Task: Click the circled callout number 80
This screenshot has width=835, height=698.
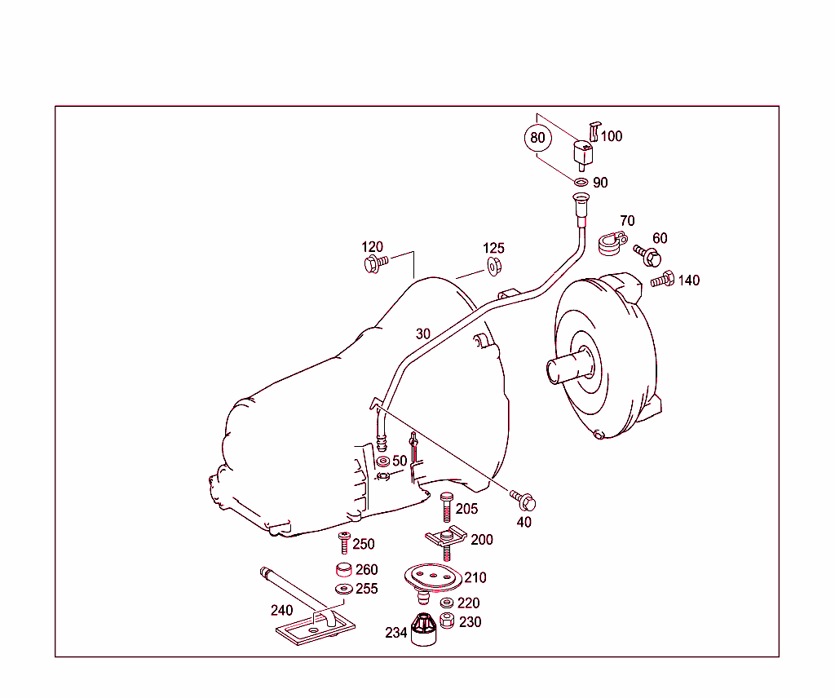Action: [x=537, y=138]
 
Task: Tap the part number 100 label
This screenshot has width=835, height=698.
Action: [x=611, y=136]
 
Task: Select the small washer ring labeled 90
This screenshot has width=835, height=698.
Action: [x=581, y=182]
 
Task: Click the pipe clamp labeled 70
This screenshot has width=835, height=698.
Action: [x=611, y=242]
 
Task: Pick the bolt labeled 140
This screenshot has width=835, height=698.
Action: [x=663, y=280]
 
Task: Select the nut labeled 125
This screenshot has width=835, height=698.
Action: [x=493, y=264]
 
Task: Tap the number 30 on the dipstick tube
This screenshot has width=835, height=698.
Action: [x=422, y=334]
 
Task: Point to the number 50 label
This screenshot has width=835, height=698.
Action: [x=400, y=462]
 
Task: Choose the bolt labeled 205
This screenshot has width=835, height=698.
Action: [x=446, y=508]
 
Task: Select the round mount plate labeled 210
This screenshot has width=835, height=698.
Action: [x=433, y=578]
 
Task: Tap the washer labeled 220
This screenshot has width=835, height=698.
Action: [x=447, y=603]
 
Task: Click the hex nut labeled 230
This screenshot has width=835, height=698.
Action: [x=447, y=621]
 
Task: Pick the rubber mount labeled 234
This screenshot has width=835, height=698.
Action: [x=422, y=630]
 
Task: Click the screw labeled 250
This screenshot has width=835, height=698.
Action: [x=344, y=543]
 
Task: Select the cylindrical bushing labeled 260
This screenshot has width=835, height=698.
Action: [x=344, y=570]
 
